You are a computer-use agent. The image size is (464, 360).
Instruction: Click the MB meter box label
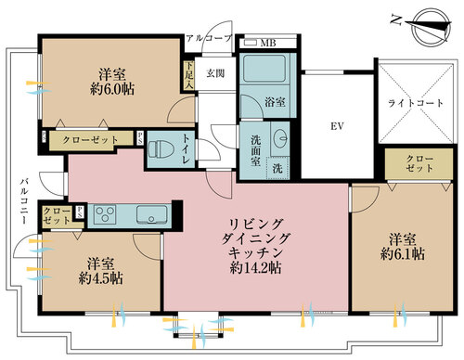tap(266, 43)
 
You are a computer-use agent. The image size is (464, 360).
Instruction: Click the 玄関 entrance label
tap(215, 75)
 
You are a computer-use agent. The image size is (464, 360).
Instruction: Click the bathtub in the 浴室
tap(264, 71)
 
